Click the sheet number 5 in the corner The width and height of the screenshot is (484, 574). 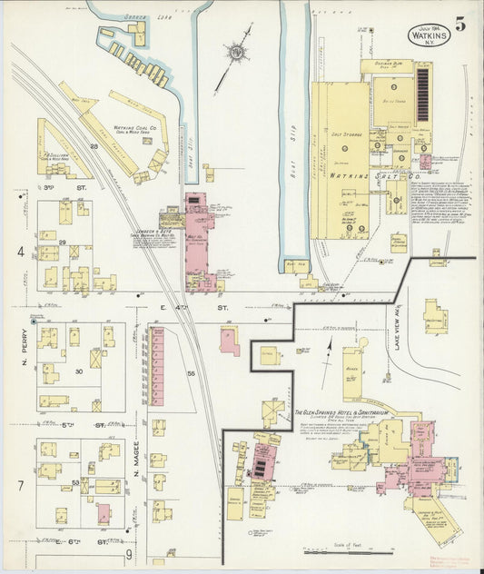click(461, 25)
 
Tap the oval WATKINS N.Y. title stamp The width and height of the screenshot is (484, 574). click(428, 35)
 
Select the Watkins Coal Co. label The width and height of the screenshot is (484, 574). click(136, 130)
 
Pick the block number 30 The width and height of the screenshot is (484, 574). click(78, 371)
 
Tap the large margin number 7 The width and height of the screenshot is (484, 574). click(19, 486)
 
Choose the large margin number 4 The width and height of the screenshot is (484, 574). click(19, 251)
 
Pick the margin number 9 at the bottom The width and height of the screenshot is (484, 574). click(130, 553)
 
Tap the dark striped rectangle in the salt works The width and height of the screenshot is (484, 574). click(422, 94)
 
